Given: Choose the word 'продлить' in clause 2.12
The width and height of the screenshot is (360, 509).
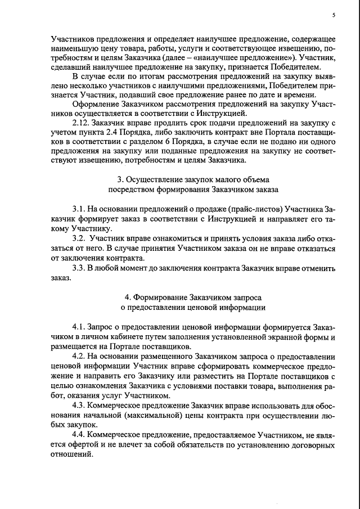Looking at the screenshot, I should point(166,122).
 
